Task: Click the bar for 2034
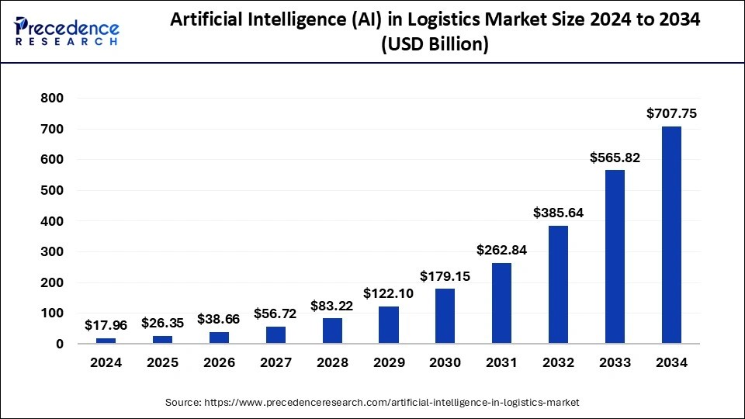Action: pyautogui.click(x=671, y=234)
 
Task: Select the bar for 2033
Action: pyautogui.click(x=615, y=257)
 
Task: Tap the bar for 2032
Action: pyautogui.click(x=558, y=284)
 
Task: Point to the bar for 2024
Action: pyautogui.click(x=106, y=341)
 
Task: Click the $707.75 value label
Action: pyautogui.click(x=671, y=114)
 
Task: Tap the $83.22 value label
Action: pyautogui.click(x=332, y=305)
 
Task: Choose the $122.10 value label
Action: pyautogui.click(x=389, y=293)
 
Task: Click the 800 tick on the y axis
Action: pyautogui.click(x=53, y=99)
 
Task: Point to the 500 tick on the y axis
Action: pyautogui.click(x=53, y=190)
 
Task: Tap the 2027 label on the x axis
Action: pyautogui.click(x=275, y=362)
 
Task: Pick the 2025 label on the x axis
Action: pyautogui.click(x=162, y=362)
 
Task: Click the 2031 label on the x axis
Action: pyautogui.click(x=501, y=362)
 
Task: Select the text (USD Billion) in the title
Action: pyautogui.click(x=434, y=46)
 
